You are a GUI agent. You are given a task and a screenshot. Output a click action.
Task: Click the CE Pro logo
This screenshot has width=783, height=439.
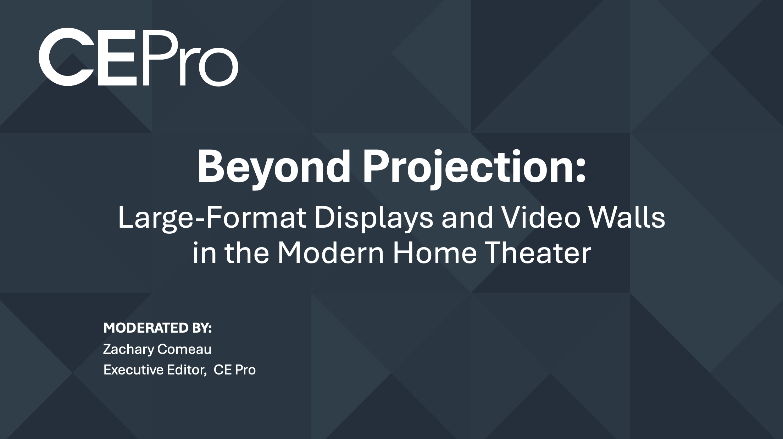pyautogui.click(x=138, y=57)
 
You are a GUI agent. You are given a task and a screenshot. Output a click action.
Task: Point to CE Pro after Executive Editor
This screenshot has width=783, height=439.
pyautogui.click(x=235, y=370)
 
